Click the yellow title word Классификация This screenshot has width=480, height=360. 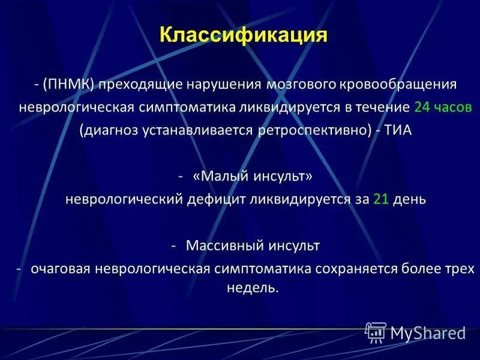(244, 35)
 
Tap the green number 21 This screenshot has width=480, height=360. (381, 200)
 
